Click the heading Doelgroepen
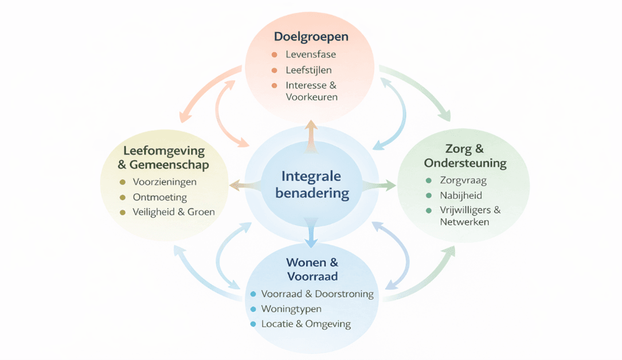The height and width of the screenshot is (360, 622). (x=311, y=37)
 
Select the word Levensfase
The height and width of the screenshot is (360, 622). (x=311, y=55)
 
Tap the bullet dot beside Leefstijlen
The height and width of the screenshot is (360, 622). (x=275, y=71)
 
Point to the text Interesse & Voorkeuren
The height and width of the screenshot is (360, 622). (x=311, y=91)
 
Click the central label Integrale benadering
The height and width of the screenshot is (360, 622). (x=312, y=185)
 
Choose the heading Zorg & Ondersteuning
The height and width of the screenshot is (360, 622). (x=465, y=156)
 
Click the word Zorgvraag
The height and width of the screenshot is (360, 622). (x=463, y=181)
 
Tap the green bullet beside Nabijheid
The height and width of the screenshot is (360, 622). (x=428, y=195)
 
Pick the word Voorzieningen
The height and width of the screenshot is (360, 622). (x=165, y=182)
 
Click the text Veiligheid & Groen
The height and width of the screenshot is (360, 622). (x=174, y=212)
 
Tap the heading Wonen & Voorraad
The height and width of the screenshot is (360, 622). (x=312, y=269)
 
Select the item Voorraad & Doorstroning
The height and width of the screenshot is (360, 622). (x=317, y=294)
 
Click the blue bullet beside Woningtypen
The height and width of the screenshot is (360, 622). (x=253, y=309)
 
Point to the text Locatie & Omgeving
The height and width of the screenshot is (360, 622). (x=306, y=324)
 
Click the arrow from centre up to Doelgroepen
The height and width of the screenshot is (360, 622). (x=311, y=136)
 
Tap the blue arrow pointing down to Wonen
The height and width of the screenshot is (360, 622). (x=312, y=232)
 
